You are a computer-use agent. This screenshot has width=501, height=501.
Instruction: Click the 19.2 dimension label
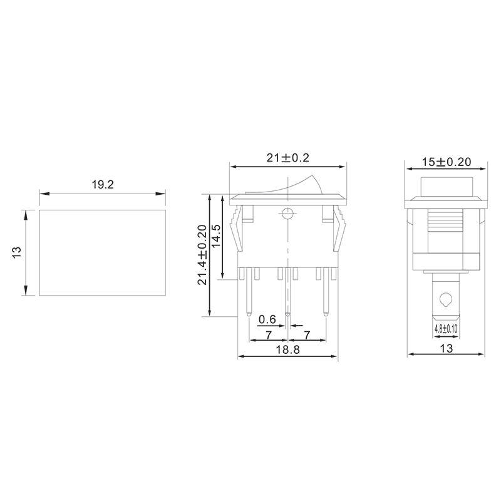tap(103, 185)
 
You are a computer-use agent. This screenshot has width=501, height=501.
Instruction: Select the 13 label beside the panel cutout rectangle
tap(17, 252)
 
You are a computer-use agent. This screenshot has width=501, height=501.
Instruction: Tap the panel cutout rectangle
tap(103, 252)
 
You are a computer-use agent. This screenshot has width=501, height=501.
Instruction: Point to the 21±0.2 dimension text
tap(288, 158)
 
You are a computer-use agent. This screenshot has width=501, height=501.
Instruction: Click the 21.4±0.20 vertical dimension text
tap(202, 255)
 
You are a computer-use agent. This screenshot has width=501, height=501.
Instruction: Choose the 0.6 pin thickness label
tap(267, 319)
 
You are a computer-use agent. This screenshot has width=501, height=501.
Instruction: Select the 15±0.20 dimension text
tap(446, 162)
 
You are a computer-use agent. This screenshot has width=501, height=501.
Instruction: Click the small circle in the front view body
tap(287, 213)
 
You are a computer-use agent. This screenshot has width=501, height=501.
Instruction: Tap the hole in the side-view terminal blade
tap(445, 299)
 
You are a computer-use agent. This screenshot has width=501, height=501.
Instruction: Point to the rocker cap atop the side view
tap(445, 185)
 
